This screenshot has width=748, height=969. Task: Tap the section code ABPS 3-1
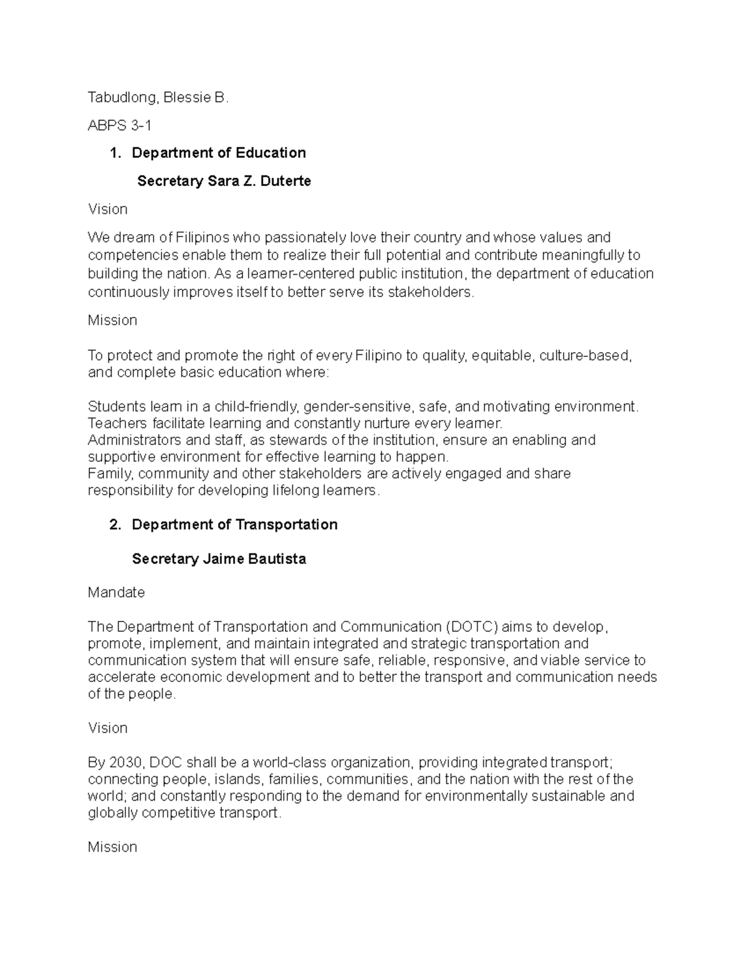(x=119, y=125)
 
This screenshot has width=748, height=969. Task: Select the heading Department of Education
(x=219, y=153)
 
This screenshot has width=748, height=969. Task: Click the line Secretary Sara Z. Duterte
(x=224, y=181)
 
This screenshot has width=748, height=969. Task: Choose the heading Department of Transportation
(x=234, y=524)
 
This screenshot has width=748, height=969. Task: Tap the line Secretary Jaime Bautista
(x=219, y=558)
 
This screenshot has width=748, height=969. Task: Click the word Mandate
(x=116, y=592)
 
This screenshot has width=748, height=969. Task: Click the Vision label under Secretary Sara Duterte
(x=107, y=209)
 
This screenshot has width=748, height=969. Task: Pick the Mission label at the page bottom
(x=112, y=847)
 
